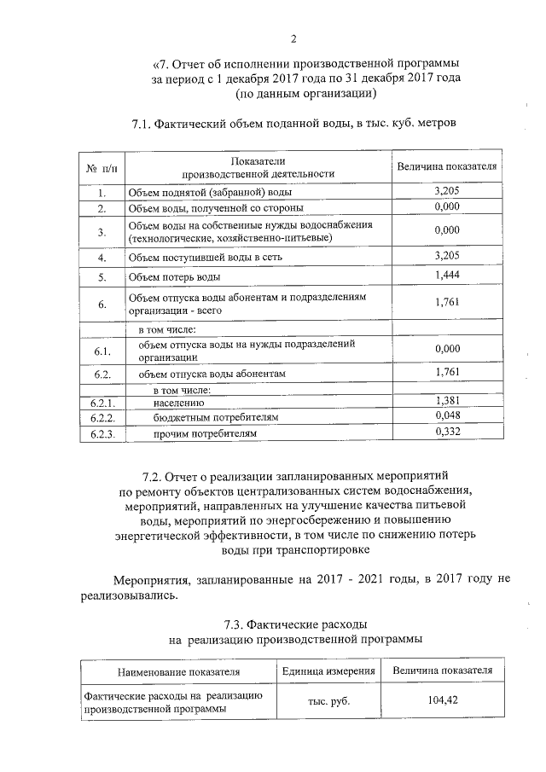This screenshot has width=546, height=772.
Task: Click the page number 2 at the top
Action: pyautogui.click(x=293, y=38)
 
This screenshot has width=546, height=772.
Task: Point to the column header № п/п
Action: pyautogui.click(x=101, y=167)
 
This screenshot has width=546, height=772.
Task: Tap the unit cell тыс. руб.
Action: pyautogui.click(x=328, y=701)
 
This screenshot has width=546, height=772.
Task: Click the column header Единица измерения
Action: pyautogui.click(x=328, y=671)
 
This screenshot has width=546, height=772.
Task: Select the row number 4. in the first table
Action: pyautogui.click(x=101, y=257)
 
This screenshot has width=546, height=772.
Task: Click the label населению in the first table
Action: pyautogui.click(x=177, y=401)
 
